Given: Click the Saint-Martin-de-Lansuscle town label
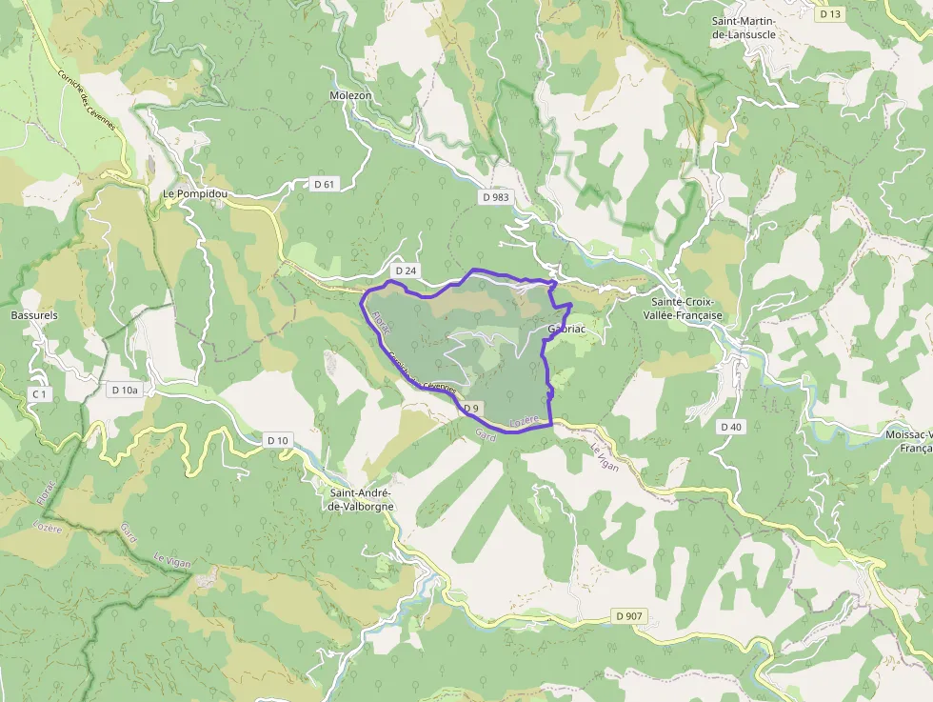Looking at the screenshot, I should tap(744, 27).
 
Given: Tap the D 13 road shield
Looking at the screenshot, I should tap(830, 13).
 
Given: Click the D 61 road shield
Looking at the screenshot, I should tap(325, 184).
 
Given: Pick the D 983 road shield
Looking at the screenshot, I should tap(495, 197).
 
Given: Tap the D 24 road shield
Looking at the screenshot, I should tap(406, 271).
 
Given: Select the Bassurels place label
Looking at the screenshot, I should tap(34, 314).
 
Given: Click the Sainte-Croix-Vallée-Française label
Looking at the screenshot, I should tap(683, 308).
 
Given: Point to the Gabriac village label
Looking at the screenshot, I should tap(566, 329).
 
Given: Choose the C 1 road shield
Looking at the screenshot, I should tap(39, 393).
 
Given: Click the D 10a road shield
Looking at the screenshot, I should tap(125, 390).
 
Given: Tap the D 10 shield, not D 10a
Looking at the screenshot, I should tap(277, 439).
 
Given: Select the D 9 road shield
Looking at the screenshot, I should tap(470, 409).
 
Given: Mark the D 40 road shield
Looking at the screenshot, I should tap(730, 426).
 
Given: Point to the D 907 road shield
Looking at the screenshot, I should tap(629, 616).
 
